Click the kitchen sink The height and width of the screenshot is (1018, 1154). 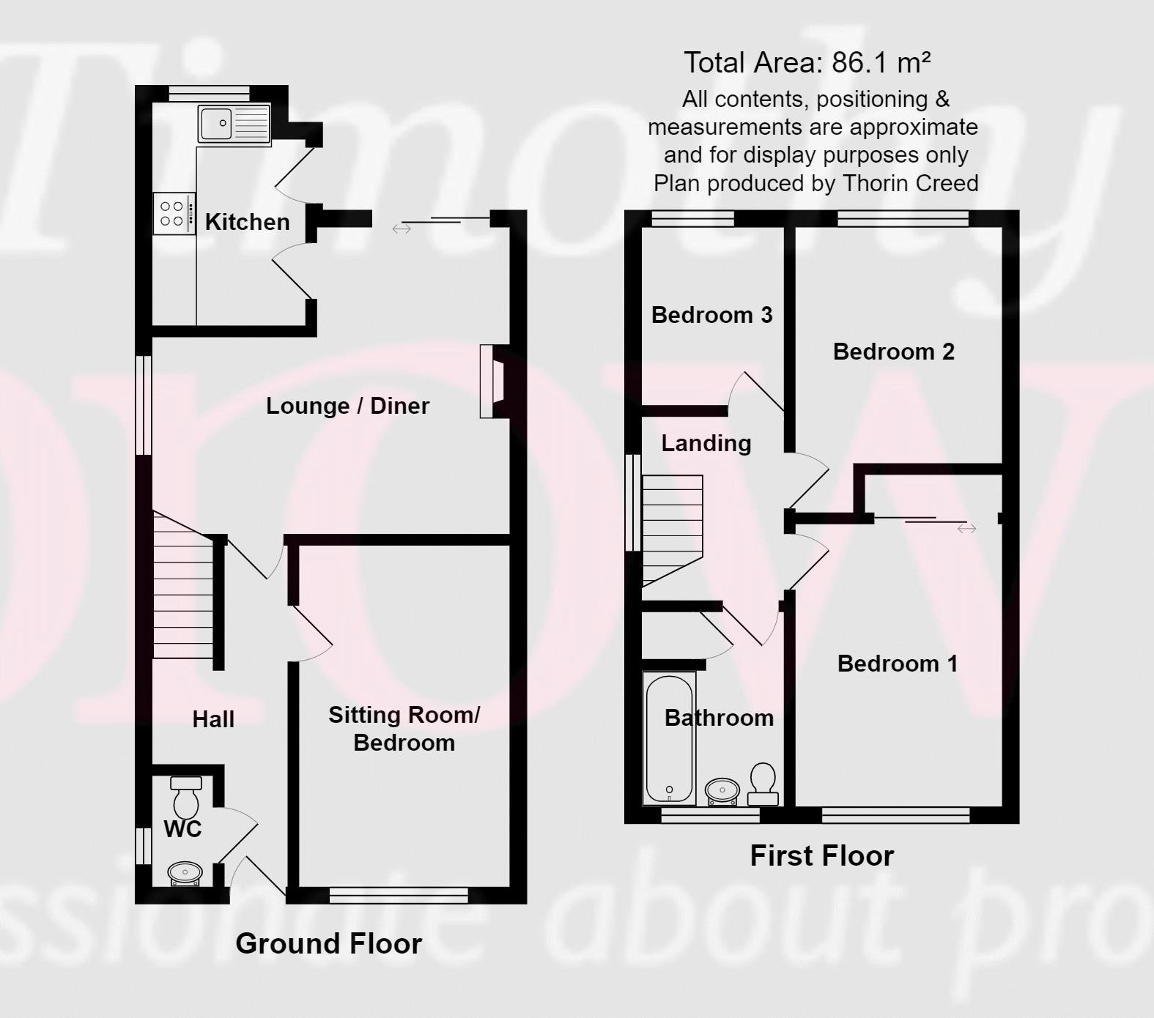[234, 123]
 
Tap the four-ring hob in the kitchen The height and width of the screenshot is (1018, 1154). [174, 214]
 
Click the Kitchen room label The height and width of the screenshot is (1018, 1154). [247, 222]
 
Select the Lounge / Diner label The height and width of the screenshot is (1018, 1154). [347, 406]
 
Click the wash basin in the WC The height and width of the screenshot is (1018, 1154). [185, 873]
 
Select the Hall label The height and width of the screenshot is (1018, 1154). [213, 719]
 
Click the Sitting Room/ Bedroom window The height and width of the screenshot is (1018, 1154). [399, 894]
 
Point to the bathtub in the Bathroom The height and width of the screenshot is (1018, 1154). [668, 738]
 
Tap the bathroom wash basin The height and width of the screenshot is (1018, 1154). [722, 790]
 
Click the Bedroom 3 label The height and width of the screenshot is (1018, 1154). [711, 315]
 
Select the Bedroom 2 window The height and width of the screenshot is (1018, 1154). [903, 218]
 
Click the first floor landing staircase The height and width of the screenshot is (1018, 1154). [672, 527]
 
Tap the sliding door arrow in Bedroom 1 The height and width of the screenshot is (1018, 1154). [966, 528]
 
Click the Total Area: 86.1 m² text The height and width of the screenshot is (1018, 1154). [807, 63]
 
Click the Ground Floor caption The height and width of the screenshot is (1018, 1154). [328, 943]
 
